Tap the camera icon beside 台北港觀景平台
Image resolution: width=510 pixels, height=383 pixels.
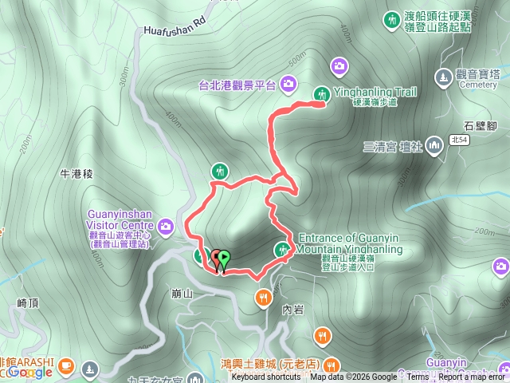tap(287, 82)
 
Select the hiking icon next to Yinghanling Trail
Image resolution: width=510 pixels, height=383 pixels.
tap(321, 93)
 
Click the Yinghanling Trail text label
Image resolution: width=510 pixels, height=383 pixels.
tap(374, 93)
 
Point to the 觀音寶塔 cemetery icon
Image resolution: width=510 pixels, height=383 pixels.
tap(443, 77)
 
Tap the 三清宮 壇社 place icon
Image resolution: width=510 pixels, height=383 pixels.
tap(433, 145)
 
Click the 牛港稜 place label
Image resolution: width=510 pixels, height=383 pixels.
tap(77, 173)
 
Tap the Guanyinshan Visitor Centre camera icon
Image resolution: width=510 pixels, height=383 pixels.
tap(166, 226)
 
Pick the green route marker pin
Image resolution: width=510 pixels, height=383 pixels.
tap(225, 259)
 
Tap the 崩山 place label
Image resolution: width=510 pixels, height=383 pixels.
tap(182, 294)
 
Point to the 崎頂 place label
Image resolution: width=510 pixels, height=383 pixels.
tap(28, 303)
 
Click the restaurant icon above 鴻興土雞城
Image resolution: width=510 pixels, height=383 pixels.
tap(321, 335)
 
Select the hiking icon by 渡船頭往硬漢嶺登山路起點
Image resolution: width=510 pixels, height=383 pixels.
tap(391, 19)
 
